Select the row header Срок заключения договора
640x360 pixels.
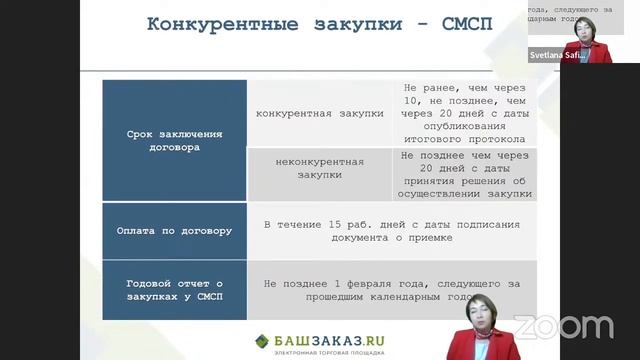coord(175,140)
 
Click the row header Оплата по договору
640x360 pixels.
coord(175,230)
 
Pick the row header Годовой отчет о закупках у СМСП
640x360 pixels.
coord(175,290)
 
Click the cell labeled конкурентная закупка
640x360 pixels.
coord(320,113)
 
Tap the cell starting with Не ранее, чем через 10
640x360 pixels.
coord(466,114)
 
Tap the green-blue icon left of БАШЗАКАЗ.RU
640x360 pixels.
coord(262,340)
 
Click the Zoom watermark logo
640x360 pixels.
coord(563,326)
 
